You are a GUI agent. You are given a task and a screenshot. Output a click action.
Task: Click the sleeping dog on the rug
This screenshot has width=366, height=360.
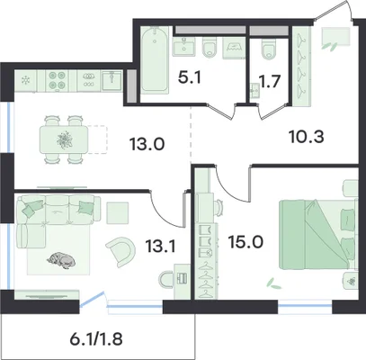click(x=61, y=260)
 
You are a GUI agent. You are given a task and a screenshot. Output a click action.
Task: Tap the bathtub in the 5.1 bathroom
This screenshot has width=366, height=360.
click(x=155, y=59)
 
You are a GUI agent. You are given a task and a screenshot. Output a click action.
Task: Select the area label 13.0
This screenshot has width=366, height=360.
click(x=147, y=145)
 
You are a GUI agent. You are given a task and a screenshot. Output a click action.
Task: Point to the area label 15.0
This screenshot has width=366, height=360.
click(x=245, y=242)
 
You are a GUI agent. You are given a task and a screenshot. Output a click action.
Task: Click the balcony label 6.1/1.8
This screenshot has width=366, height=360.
click(x=96, y=339)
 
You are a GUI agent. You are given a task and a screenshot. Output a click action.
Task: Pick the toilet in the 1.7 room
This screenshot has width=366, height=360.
click(x=269, y=49)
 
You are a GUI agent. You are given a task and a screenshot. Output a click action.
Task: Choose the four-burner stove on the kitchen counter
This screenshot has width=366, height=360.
click(x=57, y=80)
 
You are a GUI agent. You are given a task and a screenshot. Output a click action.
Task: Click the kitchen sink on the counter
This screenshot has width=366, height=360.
click(x=112, y=80)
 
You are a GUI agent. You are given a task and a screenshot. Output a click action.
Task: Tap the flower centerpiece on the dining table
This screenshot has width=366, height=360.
click(x=65, y=139)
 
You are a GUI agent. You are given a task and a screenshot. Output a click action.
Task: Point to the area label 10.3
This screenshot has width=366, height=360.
click(x=307, y=138)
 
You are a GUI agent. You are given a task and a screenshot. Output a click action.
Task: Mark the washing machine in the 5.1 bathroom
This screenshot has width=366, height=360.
click(x=234, y=49)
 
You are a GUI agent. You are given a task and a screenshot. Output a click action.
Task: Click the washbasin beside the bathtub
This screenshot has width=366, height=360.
click(x=184, y=47)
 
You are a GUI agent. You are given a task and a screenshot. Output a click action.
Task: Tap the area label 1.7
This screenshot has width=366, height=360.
click(x=270, y=81)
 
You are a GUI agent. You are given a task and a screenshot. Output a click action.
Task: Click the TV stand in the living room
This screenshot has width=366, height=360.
click(x=47, y=295)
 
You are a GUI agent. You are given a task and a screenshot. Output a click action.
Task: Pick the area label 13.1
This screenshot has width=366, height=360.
click(x=161, y=247)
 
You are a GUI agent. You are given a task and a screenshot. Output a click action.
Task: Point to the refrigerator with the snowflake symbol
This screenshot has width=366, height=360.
click(x=26, y=80)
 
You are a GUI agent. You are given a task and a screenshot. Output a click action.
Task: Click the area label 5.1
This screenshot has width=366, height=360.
click(x=189, y=77)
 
